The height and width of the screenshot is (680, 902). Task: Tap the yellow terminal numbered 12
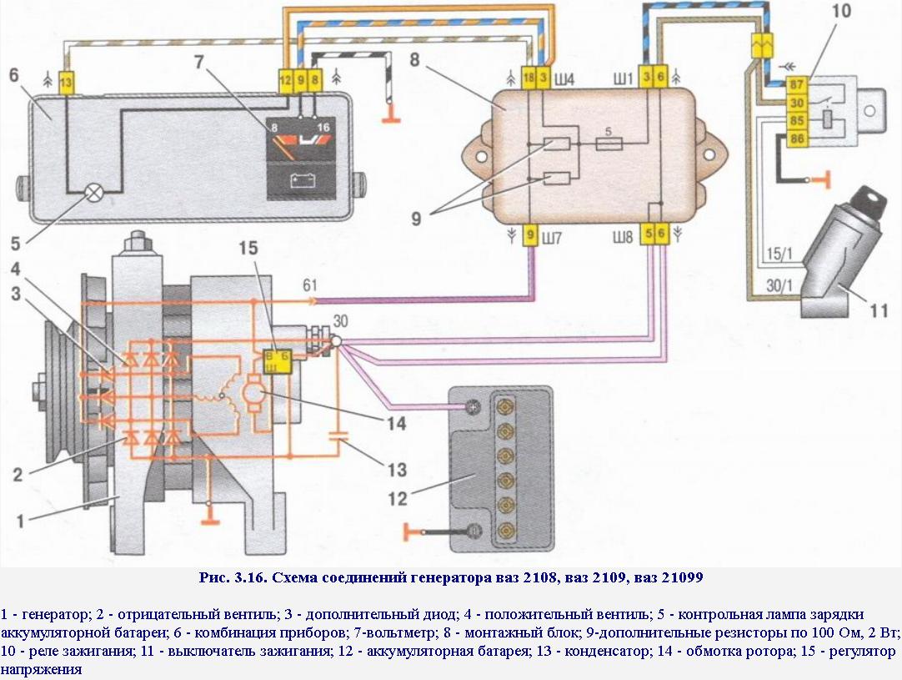(x=285, y=81)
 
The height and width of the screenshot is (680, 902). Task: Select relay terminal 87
(x=796, y=85)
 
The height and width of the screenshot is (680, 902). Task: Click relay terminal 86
(x=796, y=139)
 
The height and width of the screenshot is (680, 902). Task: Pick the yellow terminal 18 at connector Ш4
(x=529, y=77)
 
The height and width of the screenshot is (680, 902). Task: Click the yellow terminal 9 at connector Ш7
(x=530, y=235)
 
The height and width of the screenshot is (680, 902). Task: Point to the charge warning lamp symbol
(x=93, y=192)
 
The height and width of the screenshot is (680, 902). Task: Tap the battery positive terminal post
(x=474, y=407)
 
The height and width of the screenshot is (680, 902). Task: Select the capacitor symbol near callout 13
(x=338, y=435)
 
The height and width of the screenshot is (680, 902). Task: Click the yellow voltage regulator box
(x=277, y=361)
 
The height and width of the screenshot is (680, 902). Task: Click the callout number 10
(x=841, y=10)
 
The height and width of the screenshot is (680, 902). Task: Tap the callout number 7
(x=199, y=61)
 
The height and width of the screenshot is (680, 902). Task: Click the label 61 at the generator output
(x=310, y=285)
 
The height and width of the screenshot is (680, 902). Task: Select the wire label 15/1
(x=779, y=254)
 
